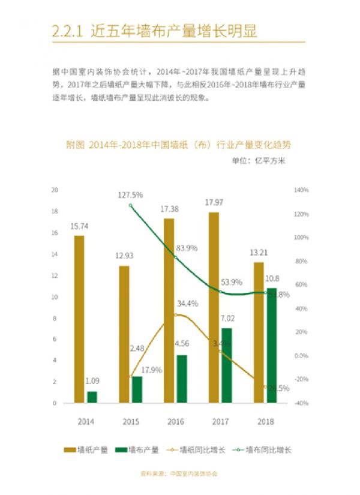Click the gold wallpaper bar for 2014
[79, 319]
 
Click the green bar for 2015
[137, 389]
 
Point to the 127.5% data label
[130, 194]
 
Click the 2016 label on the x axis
[175, 421]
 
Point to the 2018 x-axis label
[265, 421]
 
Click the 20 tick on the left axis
[54, 190]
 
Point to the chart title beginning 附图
[178, 145]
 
